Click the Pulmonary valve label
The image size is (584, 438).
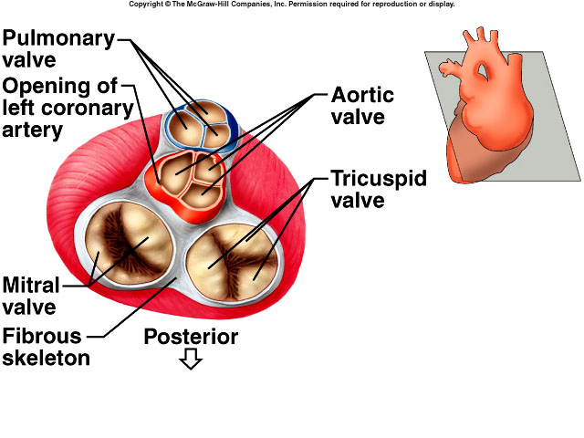57,49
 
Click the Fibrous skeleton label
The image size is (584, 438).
46,346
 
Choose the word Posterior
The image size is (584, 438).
191,337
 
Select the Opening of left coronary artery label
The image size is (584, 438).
61,108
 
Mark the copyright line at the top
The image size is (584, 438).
291,5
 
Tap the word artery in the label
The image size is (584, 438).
32,130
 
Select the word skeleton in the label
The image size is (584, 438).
46,358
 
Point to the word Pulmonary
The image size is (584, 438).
58,38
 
